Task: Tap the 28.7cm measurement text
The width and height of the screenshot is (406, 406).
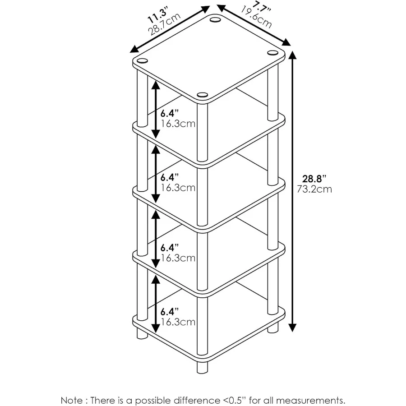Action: point(164,26)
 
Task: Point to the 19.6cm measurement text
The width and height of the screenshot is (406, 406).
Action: point(256,17)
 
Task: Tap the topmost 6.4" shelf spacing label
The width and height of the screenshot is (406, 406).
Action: point(170,113)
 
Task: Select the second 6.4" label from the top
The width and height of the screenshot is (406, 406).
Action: point(170,176)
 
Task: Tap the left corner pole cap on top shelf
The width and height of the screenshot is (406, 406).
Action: point(142,61)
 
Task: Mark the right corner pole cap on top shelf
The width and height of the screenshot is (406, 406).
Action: point(272,53)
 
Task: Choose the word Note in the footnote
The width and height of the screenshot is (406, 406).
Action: point(72,400)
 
